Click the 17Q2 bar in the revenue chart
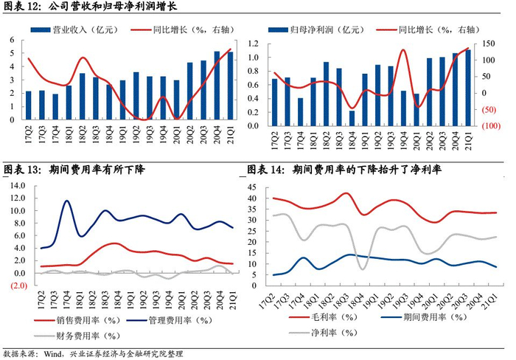pos(29,105)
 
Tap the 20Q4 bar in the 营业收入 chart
pos(216,85)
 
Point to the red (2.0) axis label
pos(17,285)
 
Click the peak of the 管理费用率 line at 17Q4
pos(67,201)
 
